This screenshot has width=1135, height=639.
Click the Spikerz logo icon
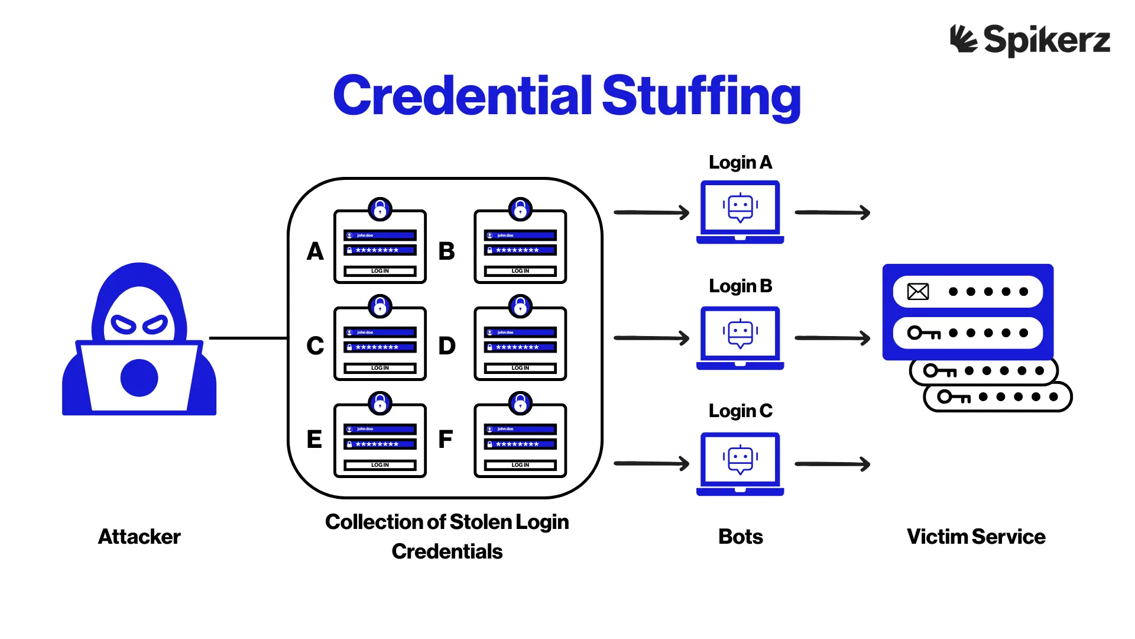[964, 39]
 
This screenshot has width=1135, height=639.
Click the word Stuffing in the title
[701, 97]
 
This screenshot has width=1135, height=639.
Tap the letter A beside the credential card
[315, 251]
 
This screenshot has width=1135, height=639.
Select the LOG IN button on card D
[520, 368]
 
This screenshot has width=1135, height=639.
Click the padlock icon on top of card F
[520, 404]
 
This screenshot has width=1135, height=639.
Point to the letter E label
[314, 439]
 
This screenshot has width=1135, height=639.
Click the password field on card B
[520, 250]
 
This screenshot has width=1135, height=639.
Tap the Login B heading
[740, 286]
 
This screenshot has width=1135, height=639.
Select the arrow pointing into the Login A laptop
[651, 212]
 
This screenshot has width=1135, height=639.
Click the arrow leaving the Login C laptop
[832, 464]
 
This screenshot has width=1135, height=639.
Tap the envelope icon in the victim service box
[918, 292]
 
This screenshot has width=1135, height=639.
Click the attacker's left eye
[124, 325]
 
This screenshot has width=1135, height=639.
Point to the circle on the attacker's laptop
[140, 377]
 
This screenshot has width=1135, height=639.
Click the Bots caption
[740, 537]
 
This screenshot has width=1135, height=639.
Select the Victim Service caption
[976, 537]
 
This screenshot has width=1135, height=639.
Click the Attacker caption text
[139, 537]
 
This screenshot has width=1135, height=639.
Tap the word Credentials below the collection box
[447, 551]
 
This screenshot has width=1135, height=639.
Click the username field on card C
[380, 333]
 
